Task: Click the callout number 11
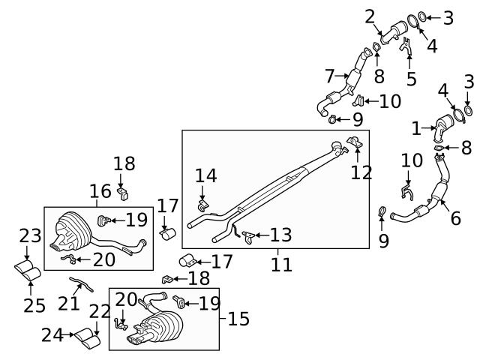click(x=282, y=264)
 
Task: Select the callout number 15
click(x=238, y=319)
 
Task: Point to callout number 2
click(x=370, y=16)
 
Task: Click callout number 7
click(x=329, y=76)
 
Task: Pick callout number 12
click(x=361, y=174)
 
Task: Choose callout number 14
click(x=205, y=175)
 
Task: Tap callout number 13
click(x=281, y=235)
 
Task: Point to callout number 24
click(x=52, y=335)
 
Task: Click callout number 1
click(x=418, y=128)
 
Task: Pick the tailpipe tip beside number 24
click(x=88, y=339)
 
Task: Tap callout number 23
click(x=30, y=235)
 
